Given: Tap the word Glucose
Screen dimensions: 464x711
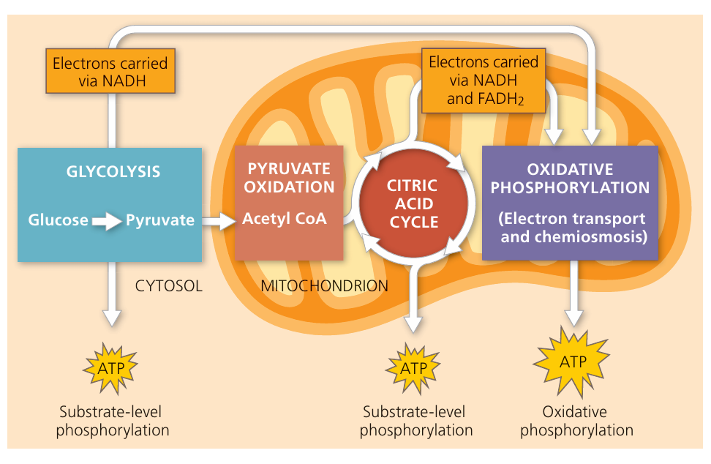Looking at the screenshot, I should [59, 220].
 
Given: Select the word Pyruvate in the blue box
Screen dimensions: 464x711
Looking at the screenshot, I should [160, 220].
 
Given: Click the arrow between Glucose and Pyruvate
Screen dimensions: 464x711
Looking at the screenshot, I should [108, 220].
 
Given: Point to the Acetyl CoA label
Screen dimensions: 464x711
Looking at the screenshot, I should [285, 218].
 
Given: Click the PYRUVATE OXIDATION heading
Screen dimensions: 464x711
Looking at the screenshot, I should [289, 178].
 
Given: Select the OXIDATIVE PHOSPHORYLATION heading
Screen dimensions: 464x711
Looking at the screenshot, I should [570, 179].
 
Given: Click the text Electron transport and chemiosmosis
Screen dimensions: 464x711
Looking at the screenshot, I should [571, 227].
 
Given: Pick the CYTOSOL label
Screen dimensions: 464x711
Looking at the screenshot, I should [168, 286].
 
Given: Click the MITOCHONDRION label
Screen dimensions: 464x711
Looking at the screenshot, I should [324, 286].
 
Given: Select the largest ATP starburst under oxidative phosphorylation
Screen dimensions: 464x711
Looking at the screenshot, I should [573, 362].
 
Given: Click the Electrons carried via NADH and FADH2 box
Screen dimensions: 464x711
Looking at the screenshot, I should [484, 81].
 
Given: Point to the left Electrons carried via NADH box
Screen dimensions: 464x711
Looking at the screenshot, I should [110, 71].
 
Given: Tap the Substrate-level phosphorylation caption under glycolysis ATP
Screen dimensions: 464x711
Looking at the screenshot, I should [113, 421].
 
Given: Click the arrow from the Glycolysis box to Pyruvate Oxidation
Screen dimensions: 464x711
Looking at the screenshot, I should [217, 219].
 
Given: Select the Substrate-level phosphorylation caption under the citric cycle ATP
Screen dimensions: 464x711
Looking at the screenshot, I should [415, 421].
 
